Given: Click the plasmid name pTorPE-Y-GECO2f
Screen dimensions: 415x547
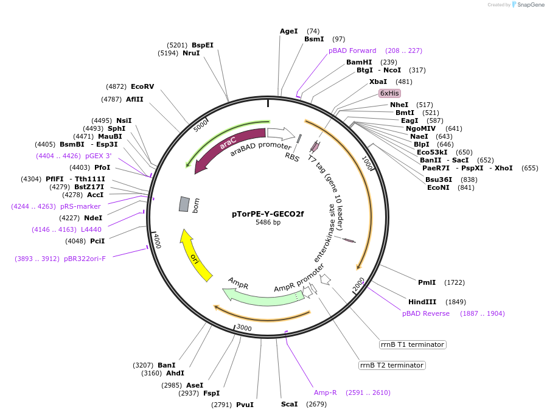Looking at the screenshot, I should click(268, 214).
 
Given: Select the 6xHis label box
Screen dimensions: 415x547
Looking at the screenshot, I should click(389, 93).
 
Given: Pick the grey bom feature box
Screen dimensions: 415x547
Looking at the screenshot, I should click(184, 204).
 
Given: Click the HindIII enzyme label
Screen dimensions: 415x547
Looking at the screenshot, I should click(422, 302).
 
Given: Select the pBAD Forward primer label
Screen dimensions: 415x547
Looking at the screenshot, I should click(352, 51).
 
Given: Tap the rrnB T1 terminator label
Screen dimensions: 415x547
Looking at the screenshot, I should click(412, 344).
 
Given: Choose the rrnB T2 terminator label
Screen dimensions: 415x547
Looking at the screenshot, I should click(391, 365).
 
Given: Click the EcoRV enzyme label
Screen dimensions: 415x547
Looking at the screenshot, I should click(142, 86).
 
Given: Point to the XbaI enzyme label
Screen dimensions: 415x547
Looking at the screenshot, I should click(378, 82).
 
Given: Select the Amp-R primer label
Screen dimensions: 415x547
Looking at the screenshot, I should click(325, 392).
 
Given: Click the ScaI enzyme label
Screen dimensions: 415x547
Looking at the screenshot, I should click(290, 404).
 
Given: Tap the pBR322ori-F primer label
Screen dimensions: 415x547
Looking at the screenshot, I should click(85, 259).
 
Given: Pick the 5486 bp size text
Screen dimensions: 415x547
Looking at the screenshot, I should click(268, 223).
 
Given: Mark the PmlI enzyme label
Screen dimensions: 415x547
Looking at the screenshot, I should click(427, 282).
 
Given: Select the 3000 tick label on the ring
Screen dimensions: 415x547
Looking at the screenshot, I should click(244, 328).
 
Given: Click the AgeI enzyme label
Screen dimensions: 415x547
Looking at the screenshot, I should click(289, 31).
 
